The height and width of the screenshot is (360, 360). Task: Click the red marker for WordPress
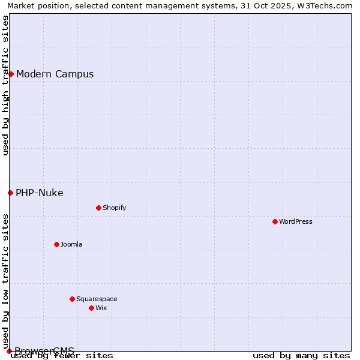pos(275,221)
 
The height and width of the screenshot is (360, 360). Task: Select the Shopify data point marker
pos(98,208)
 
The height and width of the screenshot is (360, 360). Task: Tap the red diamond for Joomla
pos(56,244)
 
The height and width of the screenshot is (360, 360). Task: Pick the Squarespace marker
pos(72,299)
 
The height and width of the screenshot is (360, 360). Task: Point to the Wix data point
pos(91,308)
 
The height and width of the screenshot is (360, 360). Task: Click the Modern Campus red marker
pos(11,74)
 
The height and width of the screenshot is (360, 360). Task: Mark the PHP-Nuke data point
pos(10,193)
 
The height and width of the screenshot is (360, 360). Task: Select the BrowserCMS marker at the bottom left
pos(9,351)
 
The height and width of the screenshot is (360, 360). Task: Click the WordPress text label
pos(296,221)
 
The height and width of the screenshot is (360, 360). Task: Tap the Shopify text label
pos(114,208)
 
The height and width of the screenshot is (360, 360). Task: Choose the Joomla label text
pos(71,244)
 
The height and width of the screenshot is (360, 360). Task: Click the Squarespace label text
pos(97,299)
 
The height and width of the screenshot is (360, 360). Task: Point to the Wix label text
pos(101,308)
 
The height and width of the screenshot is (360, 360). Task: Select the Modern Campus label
pos(55,74)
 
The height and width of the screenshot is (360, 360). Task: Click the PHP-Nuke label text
pos(40,193)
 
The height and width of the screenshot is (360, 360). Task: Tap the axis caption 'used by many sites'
pos(301,355)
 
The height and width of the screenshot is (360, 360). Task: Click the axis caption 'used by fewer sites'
pos(62,355)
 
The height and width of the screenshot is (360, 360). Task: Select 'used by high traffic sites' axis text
pos(5,85)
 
